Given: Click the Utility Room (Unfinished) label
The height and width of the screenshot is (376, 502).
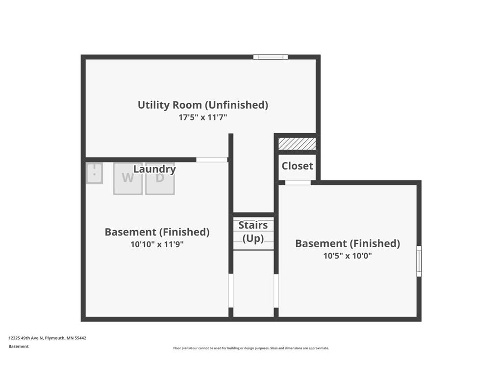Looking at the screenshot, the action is (x=202, y=105).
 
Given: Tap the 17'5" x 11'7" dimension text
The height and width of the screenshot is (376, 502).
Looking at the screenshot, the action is (x=202, y=117).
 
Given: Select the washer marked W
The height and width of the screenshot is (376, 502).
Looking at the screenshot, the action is (x=128, y=179).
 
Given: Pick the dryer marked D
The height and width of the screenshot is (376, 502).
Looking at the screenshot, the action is (x=160, y=179).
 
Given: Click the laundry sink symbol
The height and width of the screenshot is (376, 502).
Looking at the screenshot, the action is (x=95, y=173).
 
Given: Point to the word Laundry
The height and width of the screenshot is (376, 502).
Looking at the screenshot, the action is (x=154, y=169).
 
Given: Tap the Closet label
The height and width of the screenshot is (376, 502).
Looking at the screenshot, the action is (x=298, y=166).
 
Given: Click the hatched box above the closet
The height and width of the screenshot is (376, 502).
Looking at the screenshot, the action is (x=297, y=144).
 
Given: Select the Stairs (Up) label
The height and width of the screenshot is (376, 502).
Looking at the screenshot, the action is (x=253, y=232).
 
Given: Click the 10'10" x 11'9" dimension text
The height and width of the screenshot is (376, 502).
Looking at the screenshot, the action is (x=157, y=245).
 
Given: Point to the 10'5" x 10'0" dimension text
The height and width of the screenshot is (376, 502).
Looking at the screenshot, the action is (x=348, y=256).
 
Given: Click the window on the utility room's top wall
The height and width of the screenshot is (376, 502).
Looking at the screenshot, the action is (x=271, y=57).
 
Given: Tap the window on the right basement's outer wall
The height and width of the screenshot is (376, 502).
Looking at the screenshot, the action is (x=419, y=261).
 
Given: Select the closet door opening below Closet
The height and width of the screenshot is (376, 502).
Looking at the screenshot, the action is (x=298, y=183).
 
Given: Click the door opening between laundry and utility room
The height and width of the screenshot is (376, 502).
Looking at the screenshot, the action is (x=212, y=160).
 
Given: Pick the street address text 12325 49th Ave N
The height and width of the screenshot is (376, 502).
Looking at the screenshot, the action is (x=25, y=338).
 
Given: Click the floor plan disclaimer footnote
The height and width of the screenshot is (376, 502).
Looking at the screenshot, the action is (x=251, y=348).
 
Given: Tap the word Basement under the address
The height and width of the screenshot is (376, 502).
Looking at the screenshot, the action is (x=19, y=346).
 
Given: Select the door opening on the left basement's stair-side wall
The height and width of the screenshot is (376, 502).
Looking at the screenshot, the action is (x=231, y=291).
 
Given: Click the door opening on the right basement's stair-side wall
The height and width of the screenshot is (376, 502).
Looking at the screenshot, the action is (x=276, y=291).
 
